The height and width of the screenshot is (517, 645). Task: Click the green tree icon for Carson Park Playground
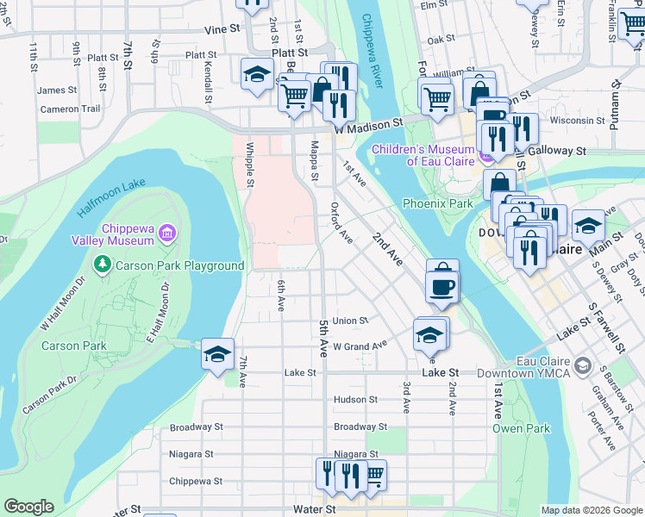click(x=102, y=265)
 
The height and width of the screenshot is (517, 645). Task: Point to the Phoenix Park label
click(x=437, y=203)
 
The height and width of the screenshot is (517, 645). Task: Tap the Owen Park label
click(x=520, y=428)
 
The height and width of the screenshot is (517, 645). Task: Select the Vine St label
click(x=222, y=28)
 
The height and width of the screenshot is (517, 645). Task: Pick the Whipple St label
click(x=249, y=164)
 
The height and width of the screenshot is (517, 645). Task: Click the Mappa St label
click(x=314, y=162)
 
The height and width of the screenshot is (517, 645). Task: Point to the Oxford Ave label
click(x=341, y=222)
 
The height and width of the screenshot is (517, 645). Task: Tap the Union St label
click(x=350, y=321)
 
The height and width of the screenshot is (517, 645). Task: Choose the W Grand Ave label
click(x=360, y=346)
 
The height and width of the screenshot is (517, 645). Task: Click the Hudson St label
click(x=355, y=400)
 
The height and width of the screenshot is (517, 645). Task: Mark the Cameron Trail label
click(x=70, y=109)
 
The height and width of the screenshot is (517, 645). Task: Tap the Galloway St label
click(x=561, y=150)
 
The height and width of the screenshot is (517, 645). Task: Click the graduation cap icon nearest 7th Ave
click(x=217, y=353)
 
